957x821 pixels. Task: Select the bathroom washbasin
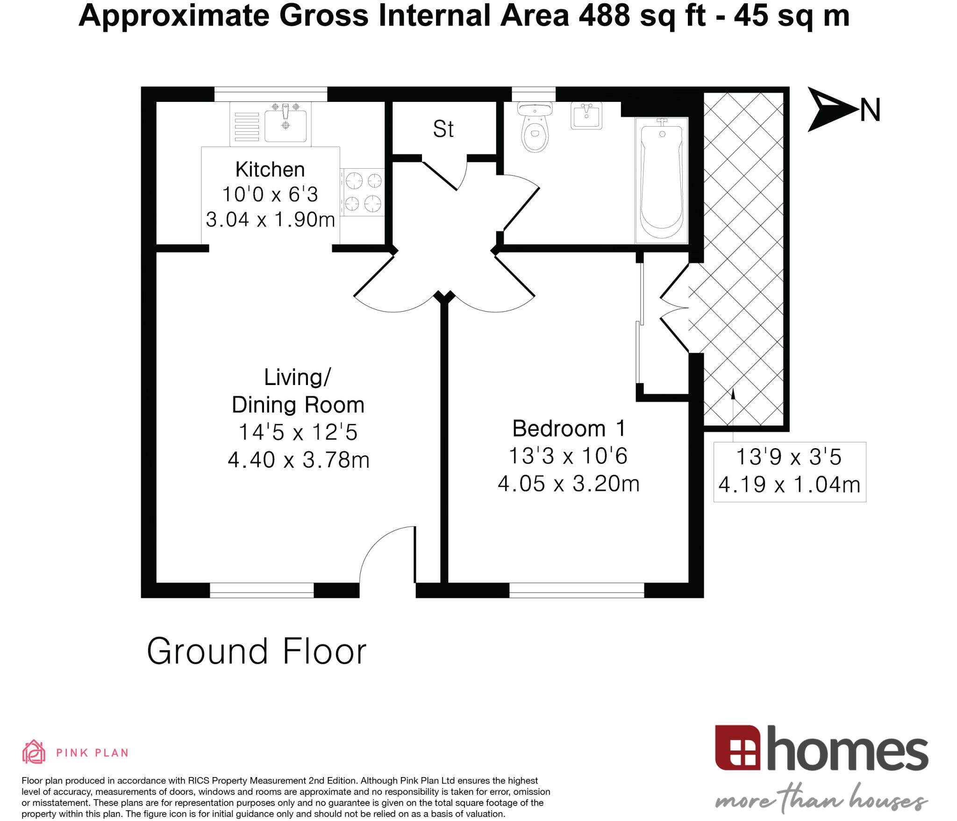[586, 115]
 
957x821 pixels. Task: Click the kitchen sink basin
[286, 125]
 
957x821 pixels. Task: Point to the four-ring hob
[363, 192]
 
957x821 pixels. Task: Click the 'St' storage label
[443, 129]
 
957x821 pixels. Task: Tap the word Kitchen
[270, 170]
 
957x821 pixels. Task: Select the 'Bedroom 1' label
[568, 428]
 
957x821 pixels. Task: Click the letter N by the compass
[870, 110]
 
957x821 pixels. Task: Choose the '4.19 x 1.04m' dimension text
[789, 485]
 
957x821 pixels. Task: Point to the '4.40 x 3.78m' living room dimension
[299, 460]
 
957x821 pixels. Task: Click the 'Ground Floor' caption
[257, 651]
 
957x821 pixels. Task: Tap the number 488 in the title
[604, 15]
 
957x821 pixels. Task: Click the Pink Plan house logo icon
[34, 752]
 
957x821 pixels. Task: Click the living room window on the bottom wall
[262, 590]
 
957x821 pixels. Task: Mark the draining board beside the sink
[247, 126]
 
